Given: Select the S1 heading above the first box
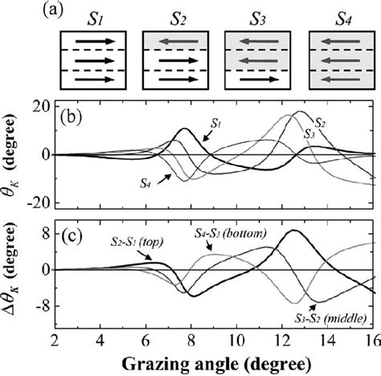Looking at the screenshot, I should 96,14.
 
